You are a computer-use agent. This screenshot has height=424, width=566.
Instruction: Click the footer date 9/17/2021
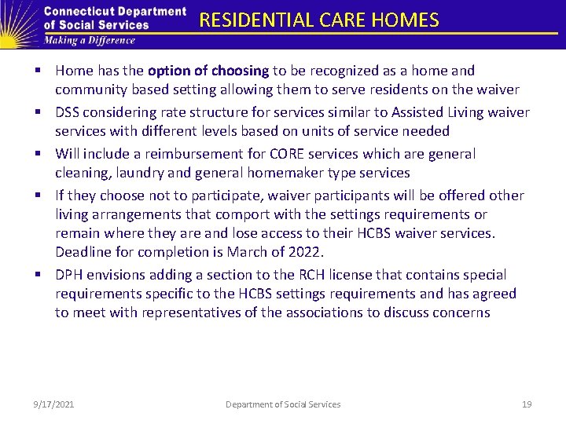(53, 404)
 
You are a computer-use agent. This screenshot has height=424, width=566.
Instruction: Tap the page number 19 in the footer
(527, 404)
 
